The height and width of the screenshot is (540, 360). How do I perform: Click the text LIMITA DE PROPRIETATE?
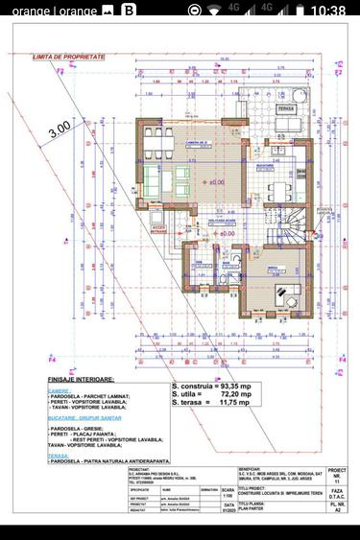coord(68,58)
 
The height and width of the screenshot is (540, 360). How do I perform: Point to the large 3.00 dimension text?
coord(60,126)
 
